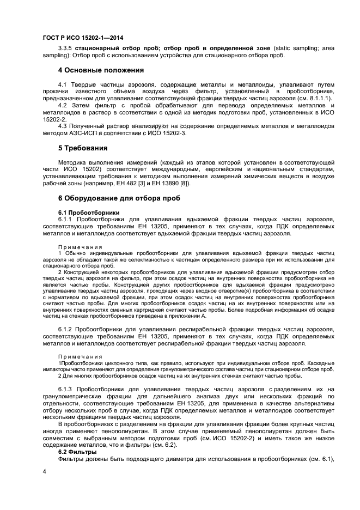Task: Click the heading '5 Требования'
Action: pyautogui.click(x=82, y=148)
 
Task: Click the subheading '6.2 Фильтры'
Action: pyautogui.click(x=77, y=452)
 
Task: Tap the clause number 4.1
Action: pyautogui.click(x=62, y=85)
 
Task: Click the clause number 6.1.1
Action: pyautogui.click(x=65, y=219)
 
